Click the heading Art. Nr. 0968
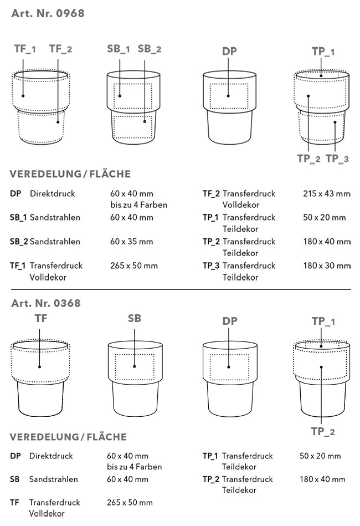(48, 14)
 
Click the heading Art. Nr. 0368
(46, 303)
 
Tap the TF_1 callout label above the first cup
(25, 49)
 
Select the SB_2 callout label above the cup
(150, 49)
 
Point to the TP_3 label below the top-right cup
(337, 159)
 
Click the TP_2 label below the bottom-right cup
(323, 432)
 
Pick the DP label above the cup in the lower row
(229, 321)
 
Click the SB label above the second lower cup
(135, 318)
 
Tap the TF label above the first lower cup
(41, 318)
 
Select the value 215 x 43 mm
(327, 194)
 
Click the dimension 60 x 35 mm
(132, 242)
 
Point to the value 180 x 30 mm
(327, 265)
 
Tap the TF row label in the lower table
(14, 502)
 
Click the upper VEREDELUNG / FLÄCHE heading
(70, 175)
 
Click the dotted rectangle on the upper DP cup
(228, 96)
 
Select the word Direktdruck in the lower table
(52, 456)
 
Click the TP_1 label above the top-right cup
(323, 52)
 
